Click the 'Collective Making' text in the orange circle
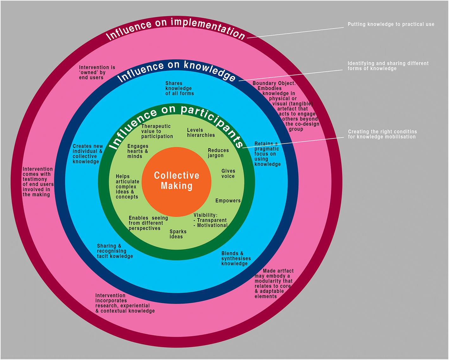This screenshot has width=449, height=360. click(x=176, y=181)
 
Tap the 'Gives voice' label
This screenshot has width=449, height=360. click(x=228, y=174)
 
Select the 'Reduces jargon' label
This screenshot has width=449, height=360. click(x=218, y=153)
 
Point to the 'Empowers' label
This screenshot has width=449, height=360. click(x=228, y=201)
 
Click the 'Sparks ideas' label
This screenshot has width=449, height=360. click(x=178, y=234)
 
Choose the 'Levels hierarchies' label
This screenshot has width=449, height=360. click(x=201, y=132)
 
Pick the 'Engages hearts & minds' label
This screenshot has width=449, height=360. click(x=138, y=151)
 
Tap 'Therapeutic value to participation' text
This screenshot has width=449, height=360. click(x=157, y=131)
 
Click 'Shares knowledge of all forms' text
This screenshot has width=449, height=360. click(x=179, y=88)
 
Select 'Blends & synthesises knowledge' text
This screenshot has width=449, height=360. click(x=236, y=258)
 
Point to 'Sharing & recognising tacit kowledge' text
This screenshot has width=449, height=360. click(x=115, y=251)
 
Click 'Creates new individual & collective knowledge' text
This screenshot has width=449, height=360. click(x=88, y=154)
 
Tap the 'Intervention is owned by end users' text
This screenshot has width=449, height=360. click(x=97, y=72)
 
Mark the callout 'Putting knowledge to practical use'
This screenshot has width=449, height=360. click(x=391, y=24)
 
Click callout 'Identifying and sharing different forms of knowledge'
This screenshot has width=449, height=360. click(x=388, y=66)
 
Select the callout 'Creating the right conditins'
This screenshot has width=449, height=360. click(x=382, y=134)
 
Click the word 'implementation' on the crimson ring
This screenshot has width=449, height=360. click(x=208, y=27)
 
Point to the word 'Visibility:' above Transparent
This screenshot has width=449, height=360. click(x=206, y=215)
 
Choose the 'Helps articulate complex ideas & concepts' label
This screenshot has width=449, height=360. click(x=127, y=187)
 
